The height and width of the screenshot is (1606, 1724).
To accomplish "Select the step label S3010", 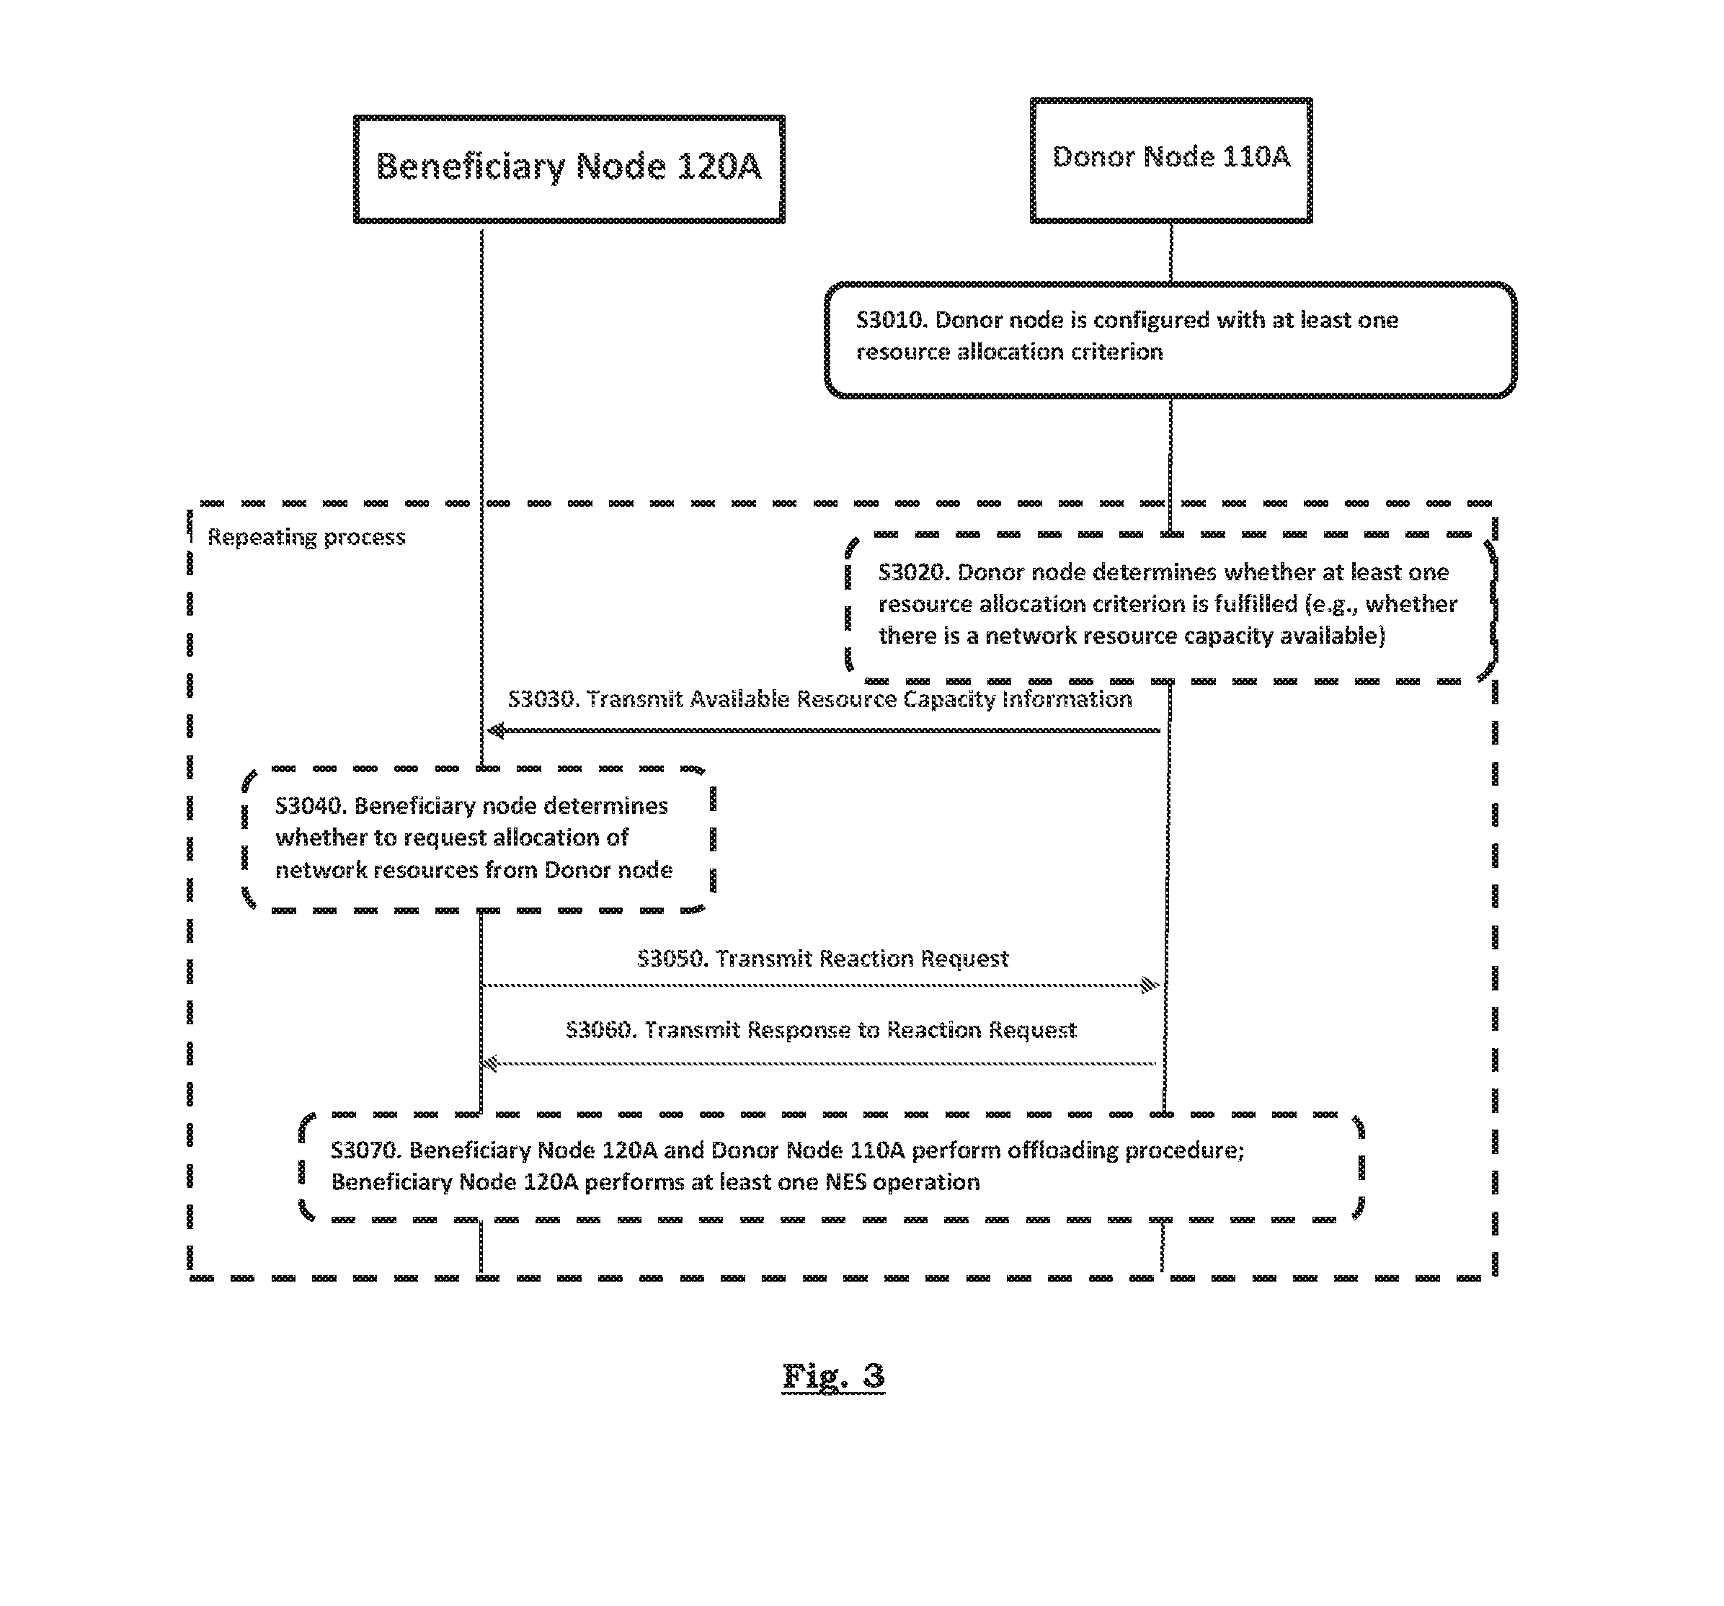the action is pyautogui.click(x=891, y=321).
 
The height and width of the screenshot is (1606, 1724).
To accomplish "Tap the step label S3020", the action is pyautogui.click(x=913, y=572).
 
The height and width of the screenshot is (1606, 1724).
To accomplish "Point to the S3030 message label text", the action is pyautogui.click(x=819, y=699).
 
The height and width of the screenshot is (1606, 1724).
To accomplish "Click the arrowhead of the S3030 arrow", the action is pyautogui.click(x=495, y=731).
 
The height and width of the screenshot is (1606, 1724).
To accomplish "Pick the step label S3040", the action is pyautogui.click(x=311, y=807).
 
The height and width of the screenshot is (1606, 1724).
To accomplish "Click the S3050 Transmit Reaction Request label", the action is pyautogui.click(x=822, y=958).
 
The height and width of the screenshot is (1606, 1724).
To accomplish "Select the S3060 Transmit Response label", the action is pyautogui.click(x=820, y=1029).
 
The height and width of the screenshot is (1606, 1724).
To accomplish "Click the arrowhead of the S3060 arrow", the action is pyautogui.click(x=491, y=1063).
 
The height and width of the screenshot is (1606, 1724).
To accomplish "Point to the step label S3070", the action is pyautogui.click(x=366, y=1150).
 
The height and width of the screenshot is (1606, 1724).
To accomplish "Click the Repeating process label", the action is pyautogui.click(x=306, y=538).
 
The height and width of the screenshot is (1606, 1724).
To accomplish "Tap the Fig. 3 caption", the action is pyautogui.click(x=833, y=1376).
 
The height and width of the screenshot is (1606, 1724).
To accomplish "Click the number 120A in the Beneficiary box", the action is pyautogui.click(x=718, y=167).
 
